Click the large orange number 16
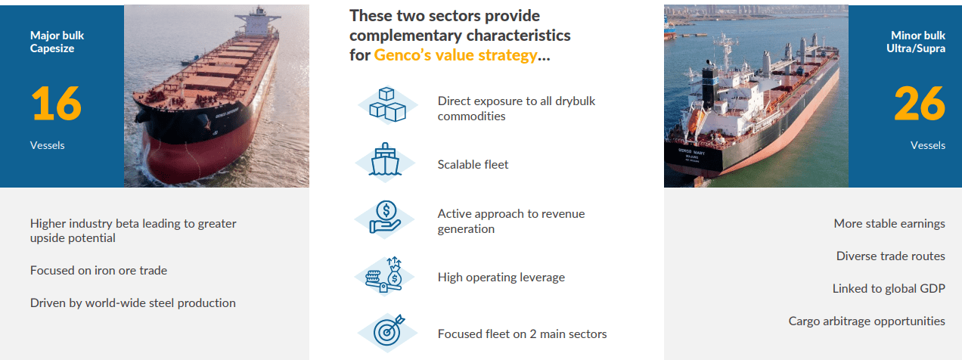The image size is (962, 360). (56, 104)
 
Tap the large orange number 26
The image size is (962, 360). (920, 104)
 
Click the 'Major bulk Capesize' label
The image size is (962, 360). (57, 42)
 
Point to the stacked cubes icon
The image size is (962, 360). (387, 106)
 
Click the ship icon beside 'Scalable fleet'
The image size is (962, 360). (386, 161)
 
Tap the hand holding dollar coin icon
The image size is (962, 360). (386, 217)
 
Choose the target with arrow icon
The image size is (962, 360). (387, 332)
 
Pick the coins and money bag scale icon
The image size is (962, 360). (386, 275)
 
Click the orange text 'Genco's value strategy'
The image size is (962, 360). (455, 55)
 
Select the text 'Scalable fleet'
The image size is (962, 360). (473, 164)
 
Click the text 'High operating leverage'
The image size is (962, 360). (501, 277)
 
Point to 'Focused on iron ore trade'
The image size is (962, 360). (98, 270)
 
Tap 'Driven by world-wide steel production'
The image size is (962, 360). (133, 303)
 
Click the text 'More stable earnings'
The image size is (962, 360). (889, 223)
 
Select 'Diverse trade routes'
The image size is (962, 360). (890, 256)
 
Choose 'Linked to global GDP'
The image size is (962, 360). (889, 288)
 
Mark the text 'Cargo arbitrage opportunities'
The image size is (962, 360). (867, 321)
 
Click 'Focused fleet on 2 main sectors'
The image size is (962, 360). (522, 334)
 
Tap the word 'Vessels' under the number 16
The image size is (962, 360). (48, 145)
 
